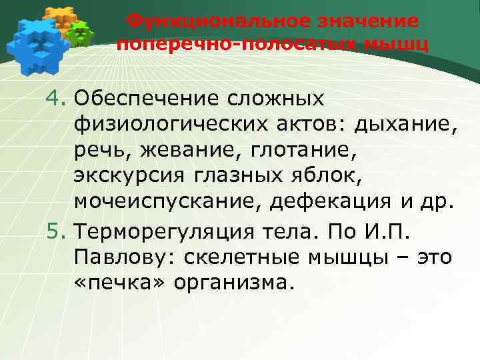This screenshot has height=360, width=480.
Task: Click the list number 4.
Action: pos(56,99)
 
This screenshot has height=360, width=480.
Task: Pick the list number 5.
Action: pos(56,231)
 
